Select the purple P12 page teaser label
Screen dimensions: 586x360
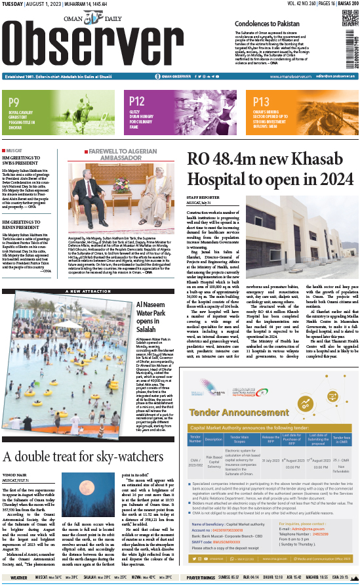[x=137, y=101]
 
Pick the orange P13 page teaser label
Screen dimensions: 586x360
[x=261, y=102]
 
